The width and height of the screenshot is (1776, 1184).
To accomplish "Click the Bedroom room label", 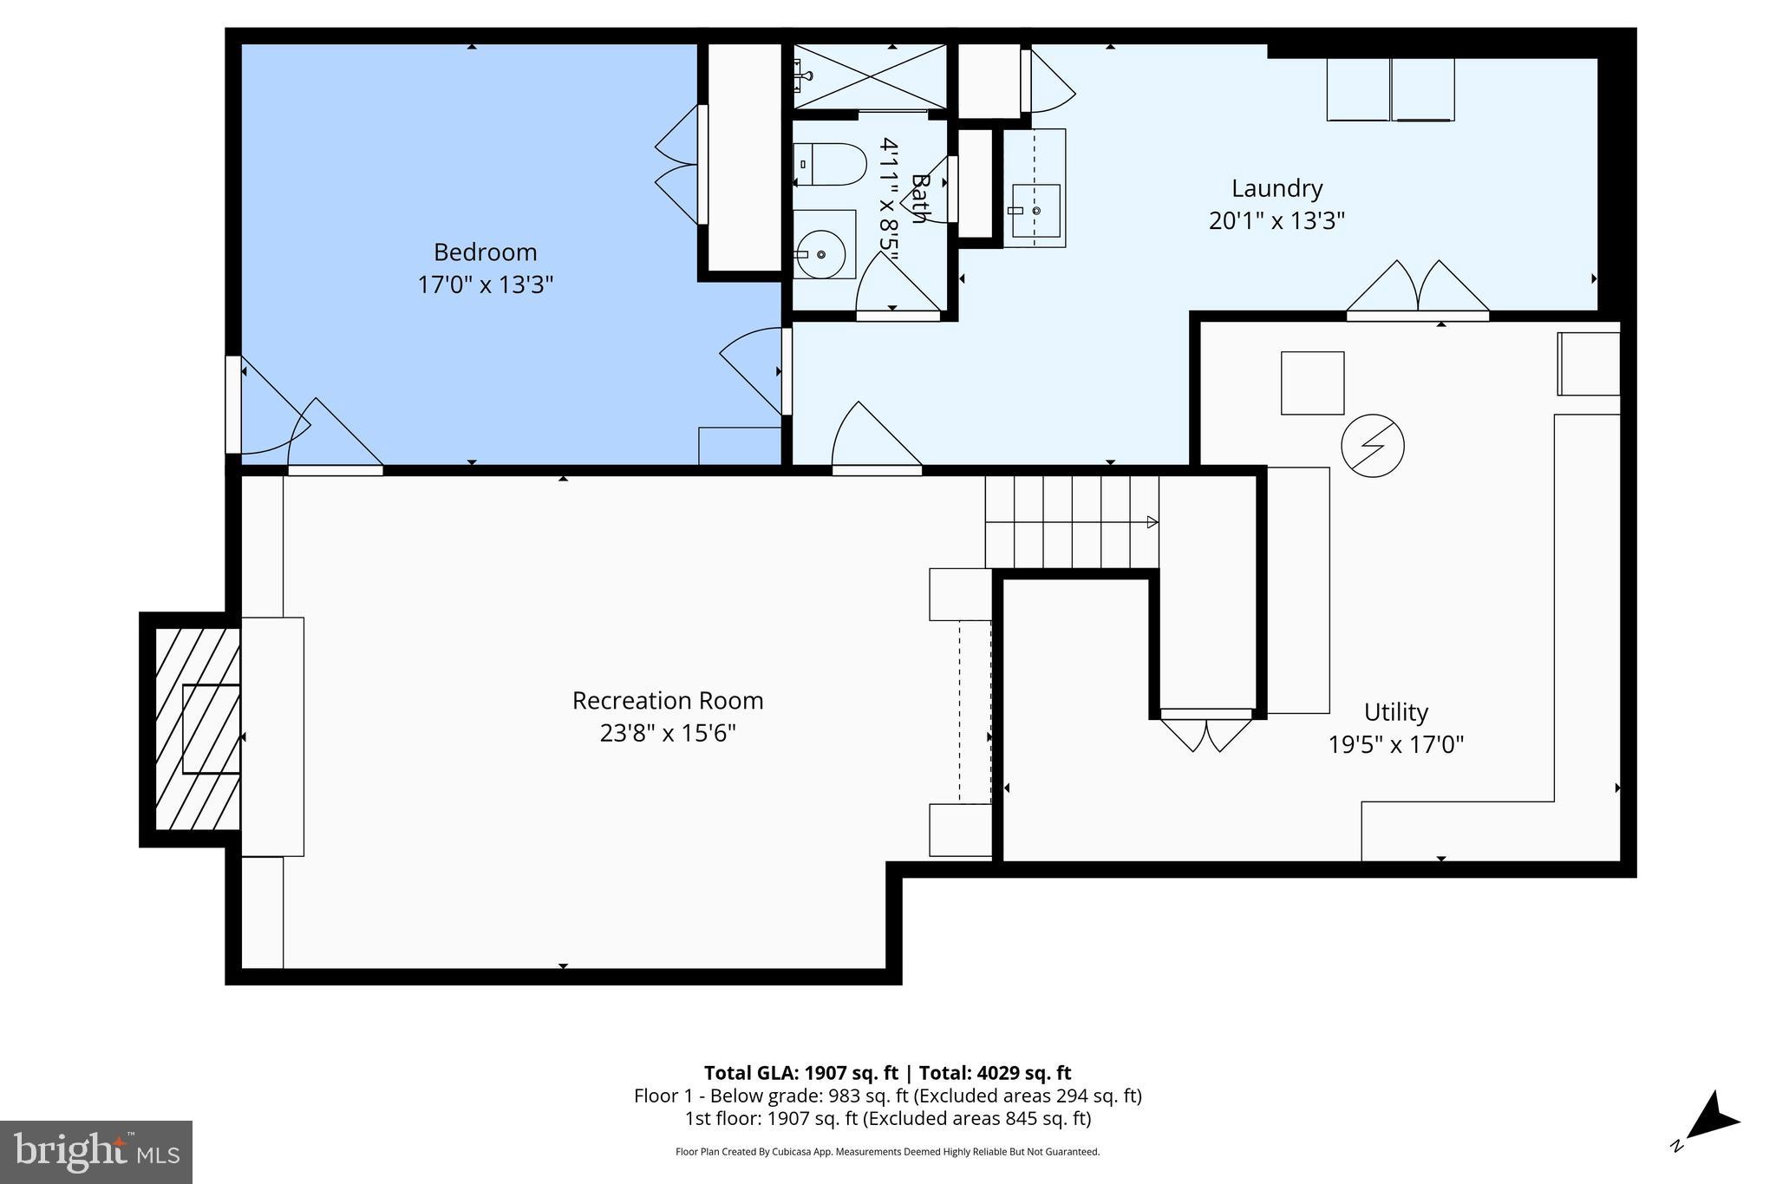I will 485,252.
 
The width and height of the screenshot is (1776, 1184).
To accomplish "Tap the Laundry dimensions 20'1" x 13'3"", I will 1276,221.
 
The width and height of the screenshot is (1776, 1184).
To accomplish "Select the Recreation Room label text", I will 667,701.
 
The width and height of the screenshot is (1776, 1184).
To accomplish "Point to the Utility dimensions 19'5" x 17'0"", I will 1395,744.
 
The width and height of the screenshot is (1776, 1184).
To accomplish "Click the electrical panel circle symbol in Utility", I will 1372,446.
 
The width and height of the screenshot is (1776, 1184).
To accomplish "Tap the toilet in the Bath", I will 830,164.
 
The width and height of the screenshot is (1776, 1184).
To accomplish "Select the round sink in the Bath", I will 820,254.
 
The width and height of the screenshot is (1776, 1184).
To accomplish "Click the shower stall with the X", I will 870,76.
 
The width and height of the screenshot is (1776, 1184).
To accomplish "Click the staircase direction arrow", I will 1152,522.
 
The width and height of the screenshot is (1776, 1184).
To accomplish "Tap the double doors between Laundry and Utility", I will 1417,290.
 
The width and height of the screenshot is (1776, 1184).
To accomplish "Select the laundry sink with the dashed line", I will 1035,189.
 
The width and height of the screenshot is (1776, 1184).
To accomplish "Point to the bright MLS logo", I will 96,1152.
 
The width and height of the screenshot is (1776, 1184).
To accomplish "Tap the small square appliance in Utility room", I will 1312,383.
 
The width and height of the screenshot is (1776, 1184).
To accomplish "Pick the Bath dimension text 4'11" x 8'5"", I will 888,194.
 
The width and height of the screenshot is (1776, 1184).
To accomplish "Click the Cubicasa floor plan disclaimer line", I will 887,1152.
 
